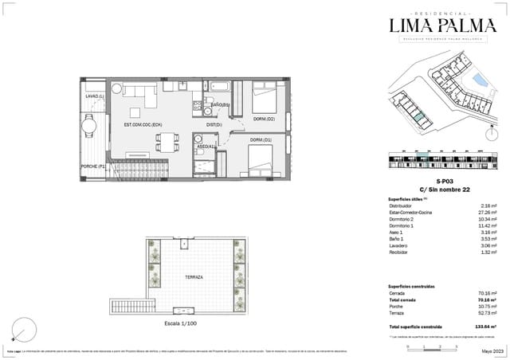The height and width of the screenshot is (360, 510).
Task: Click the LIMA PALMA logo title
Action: click(x=443, y=25)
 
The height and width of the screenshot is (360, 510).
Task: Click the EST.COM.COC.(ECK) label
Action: click(x=143, y=125)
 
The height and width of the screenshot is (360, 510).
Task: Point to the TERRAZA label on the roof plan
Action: click(x=193, y=276)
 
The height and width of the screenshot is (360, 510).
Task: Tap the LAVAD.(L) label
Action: click(x=96, y=97)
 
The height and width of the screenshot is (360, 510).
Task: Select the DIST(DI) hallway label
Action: click(x=214, y=125)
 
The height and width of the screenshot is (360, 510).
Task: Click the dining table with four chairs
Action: click(x=167, y=141)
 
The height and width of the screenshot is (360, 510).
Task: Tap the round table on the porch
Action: click(x=89, y=124)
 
